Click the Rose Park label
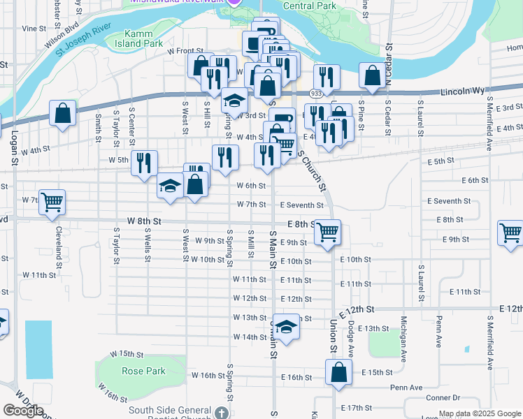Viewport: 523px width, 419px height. coord(143,371)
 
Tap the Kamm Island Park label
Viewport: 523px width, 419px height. coord(143,38)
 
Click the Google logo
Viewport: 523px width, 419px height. coord(22,410)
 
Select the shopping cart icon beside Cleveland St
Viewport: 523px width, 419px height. coord(52,203)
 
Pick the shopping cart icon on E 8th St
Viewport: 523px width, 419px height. coord(327,232)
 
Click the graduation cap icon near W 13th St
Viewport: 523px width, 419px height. coord(285,325)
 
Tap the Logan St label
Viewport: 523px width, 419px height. coord(14,146)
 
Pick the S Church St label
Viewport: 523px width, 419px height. coord(313,170)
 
